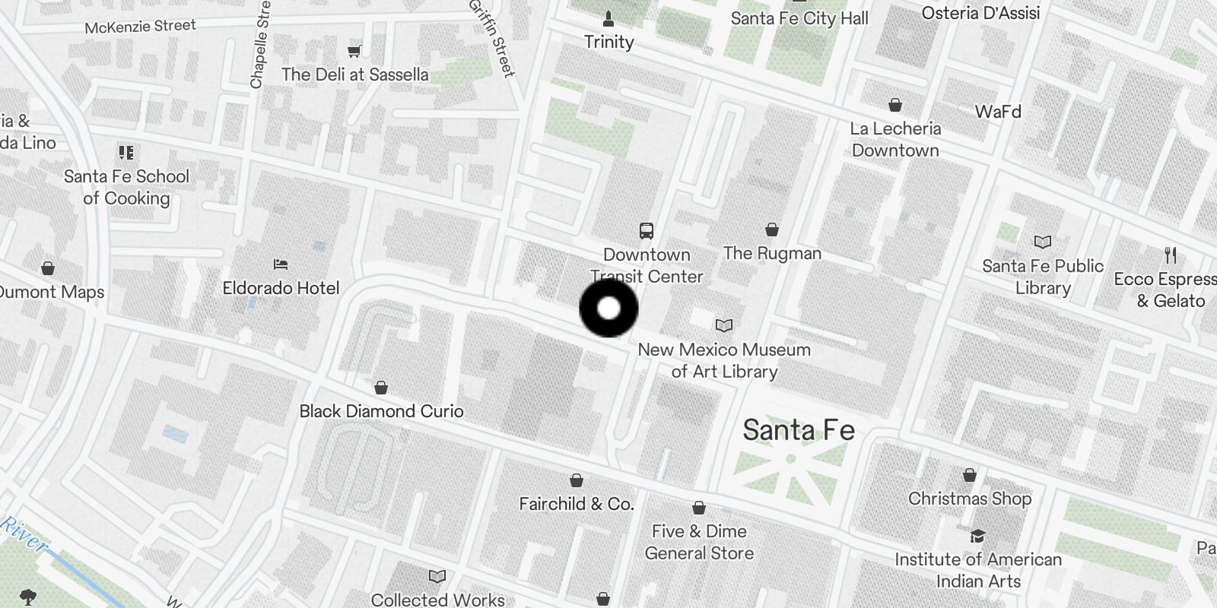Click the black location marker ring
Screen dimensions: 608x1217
(608, 309)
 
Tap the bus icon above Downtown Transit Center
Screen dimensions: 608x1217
(647, 230)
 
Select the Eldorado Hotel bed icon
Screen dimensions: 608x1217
(281, 264)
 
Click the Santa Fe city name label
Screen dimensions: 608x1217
(799, 430)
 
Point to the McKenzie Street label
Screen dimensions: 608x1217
(140, 27)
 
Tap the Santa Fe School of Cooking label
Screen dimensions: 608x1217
(126, 187)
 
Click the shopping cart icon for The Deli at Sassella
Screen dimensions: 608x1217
(354, 51)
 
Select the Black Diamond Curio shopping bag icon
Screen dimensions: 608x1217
(381, 388)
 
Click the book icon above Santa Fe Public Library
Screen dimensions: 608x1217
(1042, 242)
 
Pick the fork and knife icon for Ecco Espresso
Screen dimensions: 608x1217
(1171, 255)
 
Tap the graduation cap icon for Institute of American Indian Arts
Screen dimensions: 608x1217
(977, 536)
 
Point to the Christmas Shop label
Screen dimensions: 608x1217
(970, 499)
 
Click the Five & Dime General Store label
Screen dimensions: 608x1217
(699, 542)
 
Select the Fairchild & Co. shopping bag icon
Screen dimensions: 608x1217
(577, 480)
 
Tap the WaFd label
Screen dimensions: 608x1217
(998, 112)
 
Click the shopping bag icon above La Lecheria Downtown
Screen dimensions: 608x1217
(895, 104)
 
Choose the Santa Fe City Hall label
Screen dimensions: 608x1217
(799, 18)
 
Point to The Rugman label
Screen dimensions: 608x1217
(772, 253)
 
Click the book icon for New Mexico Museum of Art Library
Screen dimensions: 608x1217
(724, 325)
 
